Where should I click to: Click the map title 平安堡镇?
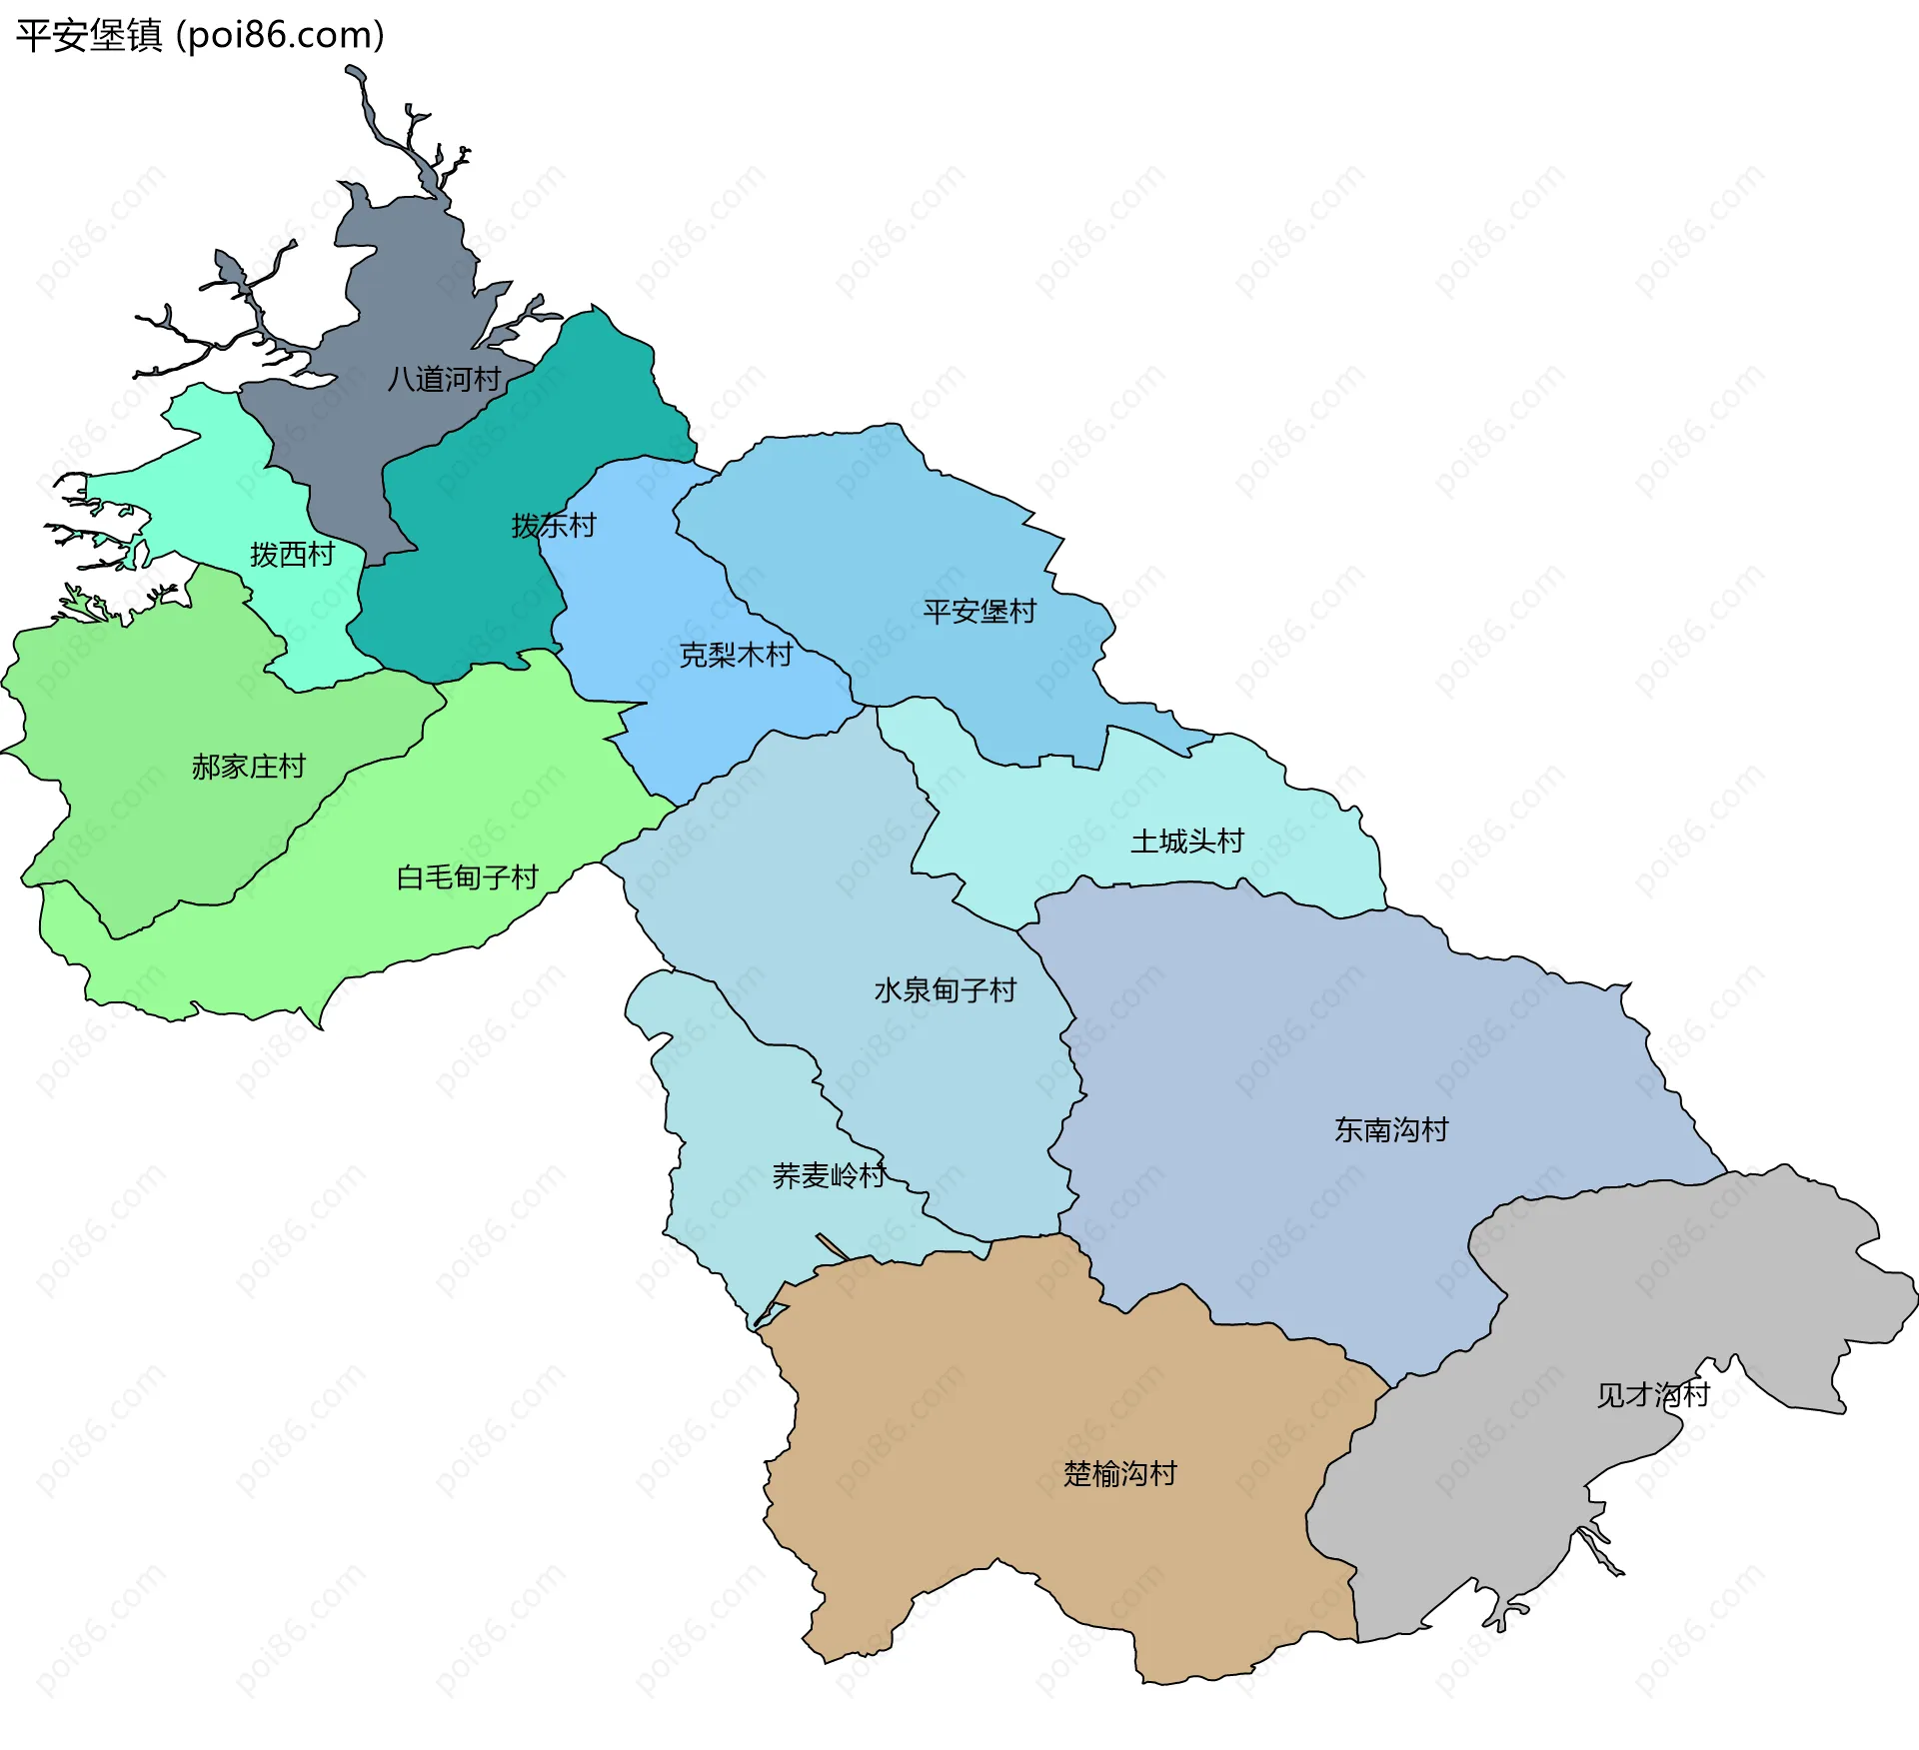point(88,36)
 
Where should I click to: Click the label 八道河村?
point(444,380)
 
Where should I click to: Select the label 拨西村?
point(292,555)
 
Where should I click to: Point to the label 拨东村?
point(554,526)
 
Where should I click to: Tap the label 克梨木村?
point(736,656)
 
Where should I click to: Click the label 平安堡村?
point(979,612)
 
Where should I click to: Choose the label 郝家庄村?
point(248,768)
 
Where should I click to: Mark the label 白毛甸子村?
point(467,877)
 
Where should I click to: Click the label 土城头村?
point(1186,842)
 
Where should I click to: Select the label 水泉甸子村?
point(945,990)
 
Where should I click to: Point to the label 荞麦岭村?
point(829,1175)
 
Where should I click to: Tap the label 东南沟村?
point(1390,1130)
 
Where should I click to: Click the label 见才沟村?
point(1652,1395)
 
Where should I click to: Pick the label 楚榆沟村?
point(1119,1474)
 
